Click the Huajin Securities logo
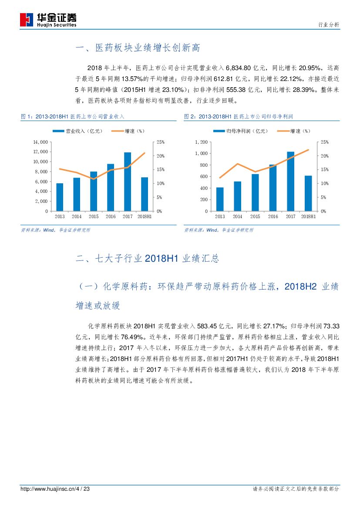(x=48, y=19)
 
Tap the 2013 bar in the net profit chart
(x=220, y=199)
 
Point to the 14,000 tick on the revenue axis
(x=40, y=142)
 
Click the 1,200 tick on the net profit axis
(x=202, y=142)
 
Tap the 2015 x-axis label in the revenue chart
(x=94, y=216)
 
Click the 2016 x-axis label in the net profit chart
(x=273, y=216)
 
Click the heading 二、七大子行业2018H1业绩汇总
(x=147, y=259)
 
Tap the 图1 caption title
(x=73, y=117)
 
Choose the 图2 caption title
(x=239, y=117)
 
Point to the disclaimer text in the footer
(x=296, y=489)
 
